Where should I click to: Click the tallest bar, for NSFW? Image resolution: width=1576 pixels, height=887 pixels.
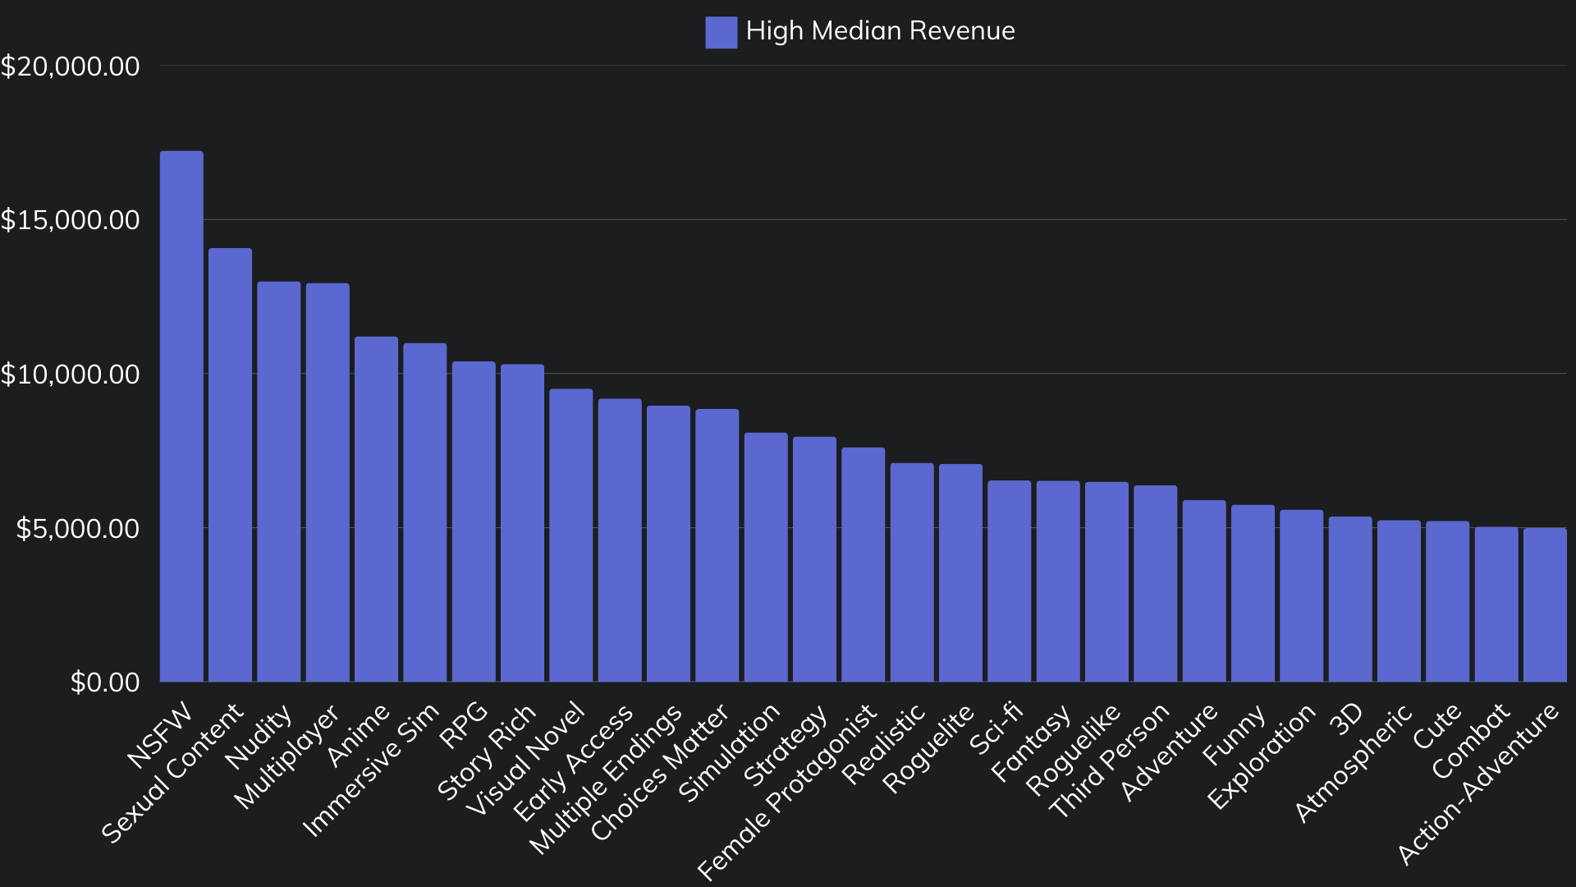pos(181,416)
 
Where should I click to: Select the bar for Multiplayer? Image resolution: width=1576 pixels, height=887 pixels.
pos(328,483)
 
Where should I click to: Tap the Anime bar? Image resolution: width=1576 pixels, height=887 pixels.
pos(376,509)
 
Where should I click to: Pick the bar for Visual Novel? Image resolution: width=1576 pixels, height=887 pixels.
pos(570,535)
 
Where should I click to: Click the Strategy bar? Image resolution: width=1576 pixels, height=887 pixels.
pos(814,559)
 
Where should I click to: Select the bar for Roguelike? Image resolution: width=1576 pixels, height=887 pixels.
pos(1106,581)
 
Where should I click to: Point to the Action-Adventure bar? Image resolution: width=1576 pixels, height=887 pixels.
pos(1545,604)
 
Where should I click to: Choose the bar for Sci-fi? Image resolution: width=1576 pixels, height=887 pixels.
pos(1009,581)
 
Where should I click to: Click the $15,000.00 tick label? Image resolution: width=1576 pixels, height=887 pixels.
pos(70,220)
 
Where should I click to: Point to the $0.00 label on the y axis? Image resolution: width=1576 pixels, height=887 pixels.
pos(105,682)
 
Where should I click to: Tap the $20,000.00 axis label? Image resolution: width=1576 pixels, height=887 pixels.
pos(70,67)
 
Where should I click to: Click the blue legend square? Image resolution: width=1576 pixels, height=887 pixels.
pos(721,32)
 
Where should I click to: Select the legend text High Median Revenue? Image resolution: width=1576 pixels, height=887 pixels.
pos(880,31)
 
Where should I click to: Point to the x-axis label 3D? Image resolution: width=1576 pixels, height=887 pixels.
pos(1346,719)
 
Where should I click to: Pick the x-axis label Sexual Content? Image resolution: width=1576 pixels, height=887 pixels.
pos(173,772)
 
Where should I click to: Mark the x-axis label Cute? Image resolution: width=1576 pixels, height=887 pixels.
pos(1436,726)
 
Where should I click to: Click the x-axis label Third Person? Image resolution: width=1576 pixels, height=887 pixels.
pos(1110,760)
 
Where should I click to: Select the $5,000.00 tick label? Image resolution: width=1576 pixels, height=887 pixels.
pos(78,528)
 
